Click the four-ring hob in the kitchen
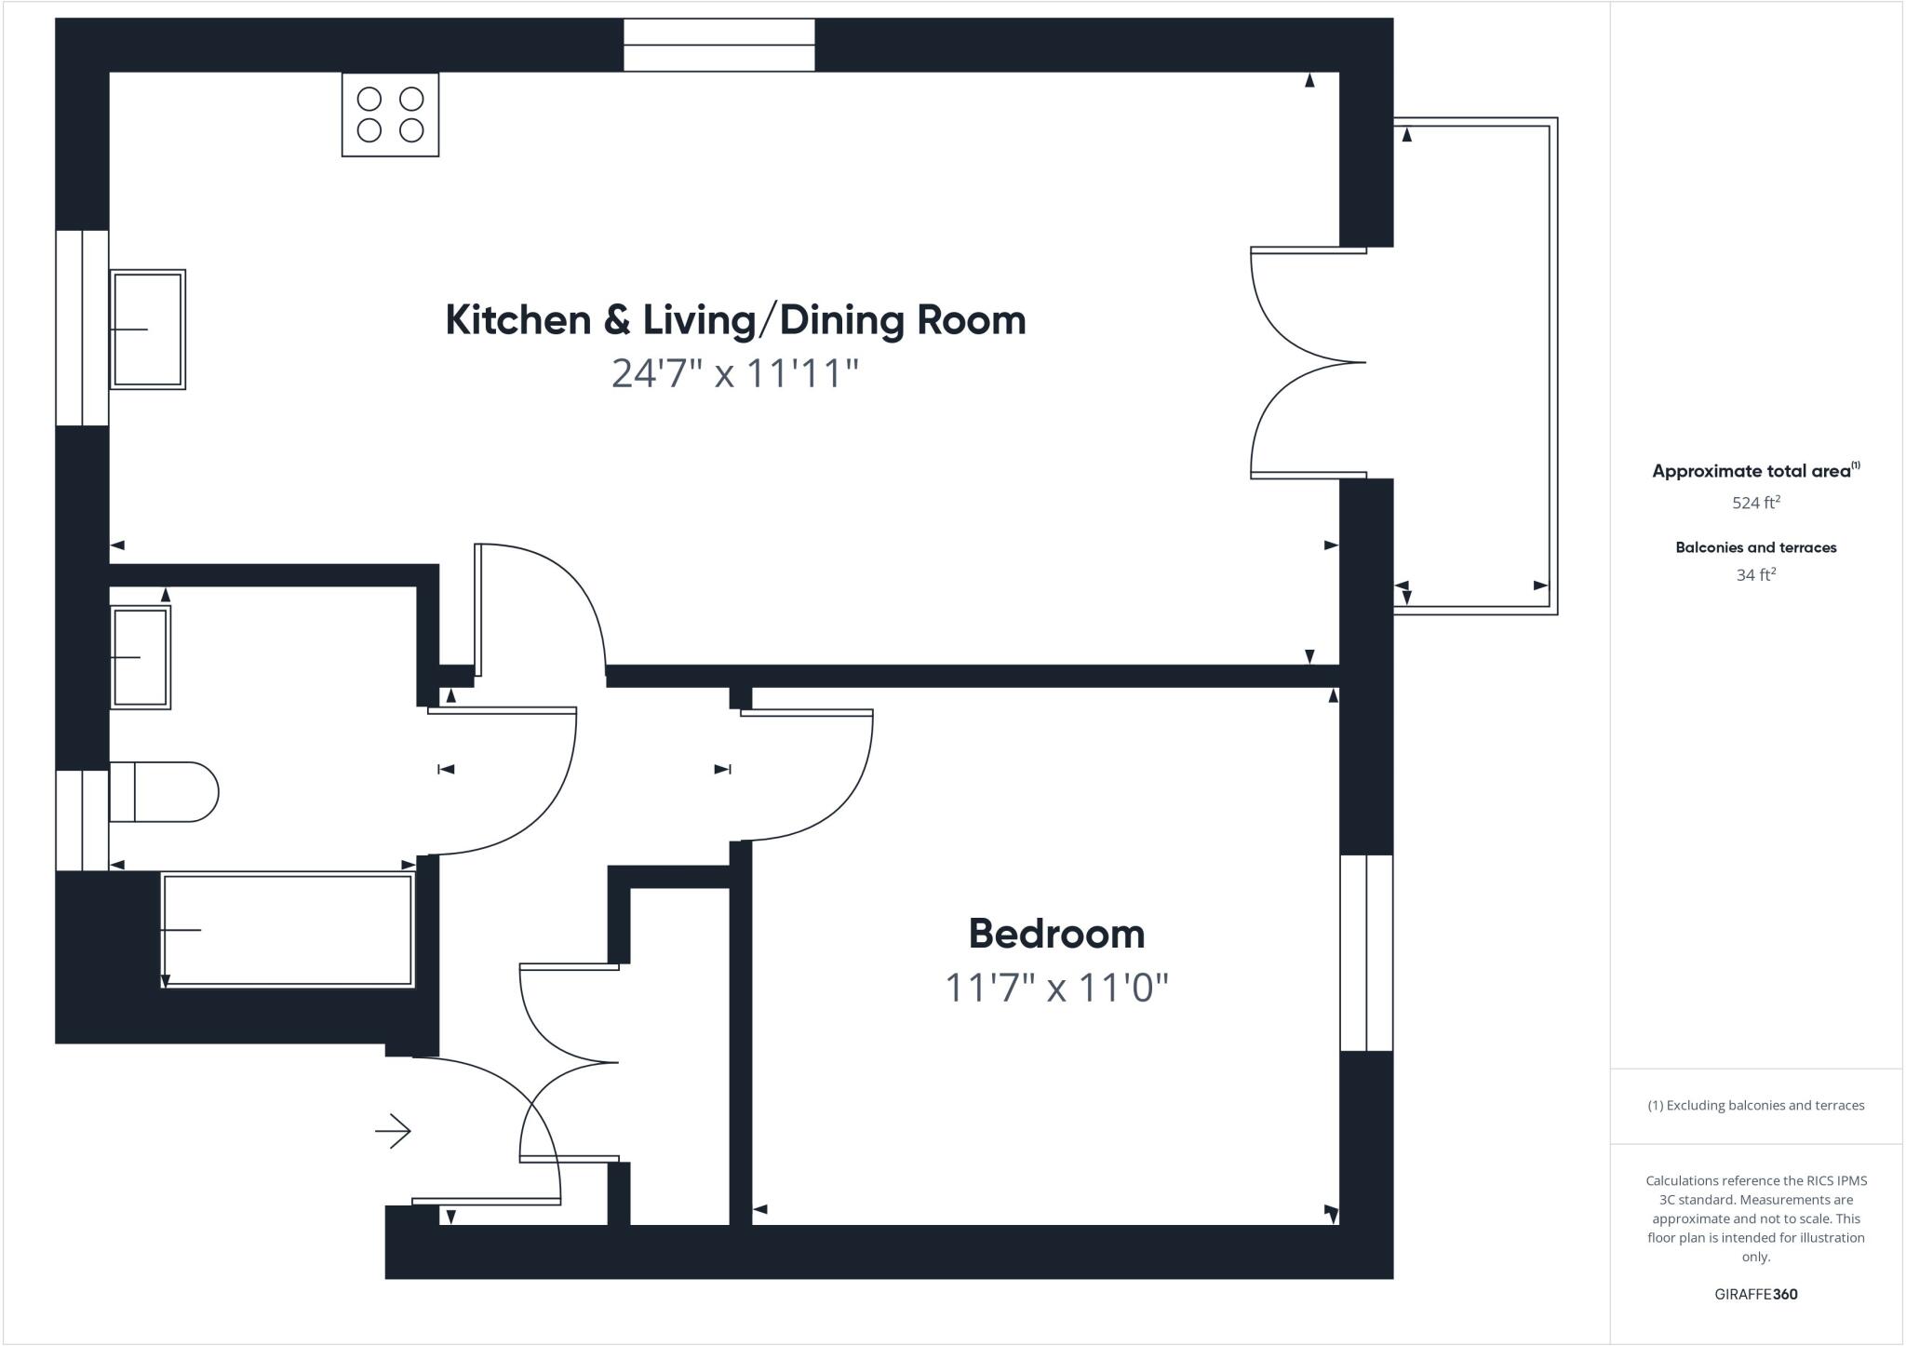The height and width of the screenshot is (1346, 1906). coord(390,114)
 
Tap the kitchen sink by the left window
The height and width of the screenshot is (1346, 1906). coord(148,330)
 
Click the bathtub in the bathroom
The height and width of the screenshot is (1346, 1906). coord(288,930)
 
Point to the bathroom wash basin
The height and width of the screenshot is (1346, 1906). coord(141,657)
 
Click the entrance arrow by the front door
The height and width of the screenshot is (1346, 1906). coord(393,1131)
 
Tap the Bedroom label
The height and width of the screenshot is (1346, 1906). coord(1056,934)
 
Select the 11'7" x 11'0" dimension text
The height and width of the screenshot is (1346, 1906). coord(1056,988)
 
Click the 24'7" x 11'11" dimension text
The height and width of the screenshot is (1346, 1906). coord(734,373)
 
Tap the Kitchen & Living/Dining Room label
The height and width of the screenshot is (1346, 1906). coord(735,319)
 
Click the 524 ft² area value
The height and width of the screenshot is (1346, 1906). coord(1755,503)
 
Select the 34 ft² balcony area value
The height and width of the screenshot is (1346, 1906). coord(1755,575)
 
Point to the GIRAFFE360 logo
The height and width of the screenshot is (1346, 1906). coord(1755,1294)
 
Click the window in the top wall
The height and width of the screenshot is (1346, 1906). coord(718,45)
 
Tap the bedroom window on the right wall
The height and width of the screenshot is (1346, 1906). coord(1366,952)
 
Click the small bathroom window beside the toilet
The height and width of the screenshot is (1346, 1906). coord(82,820)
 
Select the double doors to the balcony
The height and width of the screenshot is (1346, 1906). coord(1308,363)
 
